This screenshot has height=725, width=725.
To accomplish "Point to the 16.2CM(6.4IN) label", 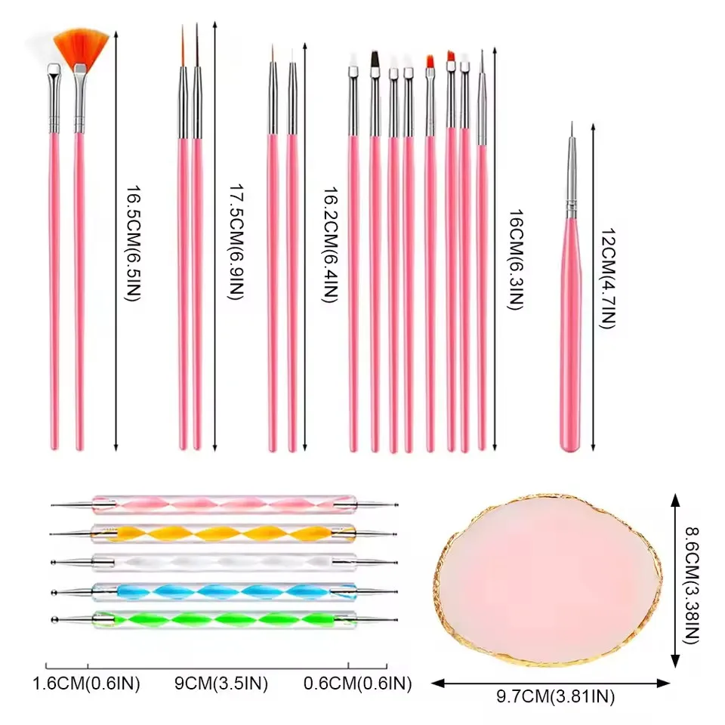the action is tap(330, 245).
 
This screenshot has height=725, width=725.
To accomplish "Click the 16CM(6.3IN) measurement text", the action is tap(517, 261).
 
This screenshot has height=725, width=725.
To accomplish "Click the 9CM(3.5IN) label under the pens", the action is tap(221, 684).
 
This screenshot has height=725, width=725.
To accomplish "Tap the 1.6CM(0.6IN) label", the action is tap(87, 684).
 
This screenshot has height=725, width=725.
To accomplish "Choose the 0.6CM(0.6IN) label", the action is tap(357, 684).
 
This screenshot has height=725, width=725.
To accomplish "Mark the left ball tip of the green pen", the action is tap(52, 622).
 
